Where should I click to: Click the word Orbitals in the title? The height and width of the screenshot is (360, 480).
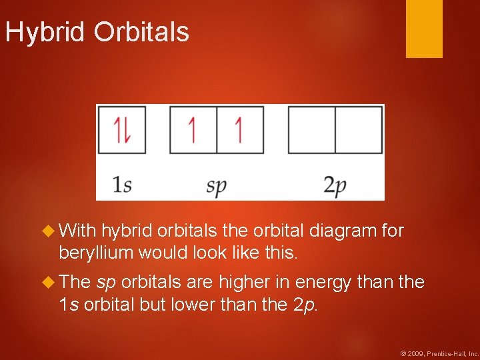point(141,32)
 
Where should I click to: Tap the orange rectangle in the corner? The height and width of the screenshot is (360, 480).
point(424,28)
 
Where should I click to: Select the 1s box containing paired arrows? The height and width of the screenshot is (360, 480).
point(122,130)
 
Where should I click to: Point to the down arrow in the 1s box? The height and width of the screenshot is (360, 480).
point(127,130)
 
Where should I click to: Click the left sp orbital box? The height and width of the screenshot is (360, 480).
point(193,130)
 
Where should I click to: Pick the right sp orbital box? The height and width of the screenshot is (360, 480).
point(240,130)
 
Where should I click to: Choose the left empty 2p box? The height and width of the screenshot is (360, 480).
point(311,130)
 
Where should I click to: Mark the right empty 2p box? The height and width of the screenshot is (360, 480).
point(359,130)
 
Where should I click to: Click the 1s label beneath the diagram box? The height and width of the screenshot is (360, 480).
point(121,185)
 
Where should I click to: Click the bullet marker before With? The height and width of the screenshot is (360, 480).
point(48,231)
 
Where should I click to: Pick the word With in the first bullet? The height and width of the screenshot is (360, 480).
point(77,231)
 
